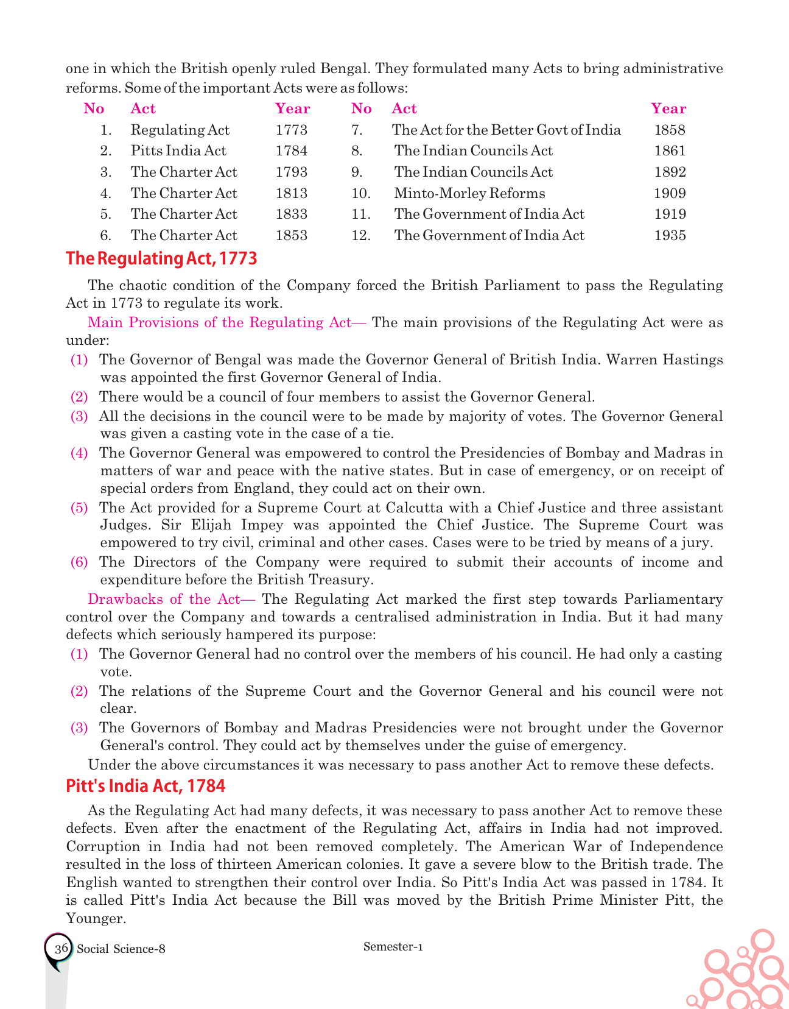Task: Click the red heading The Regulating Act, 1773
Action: pyautogui.click(x=161, y=258)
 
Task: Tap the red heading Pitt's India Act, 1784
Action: pyautogui.click(x=146, y=786)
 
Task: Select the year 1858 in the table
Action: pyautogui.click(x=669, y=130)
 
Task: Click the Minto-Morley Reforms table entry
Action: pyautogui.click(x=469, y=193)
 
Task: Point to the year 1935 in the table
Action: pyautogui.click(x=669, y=235)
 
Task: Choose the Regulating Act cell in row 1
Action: pyautogui.click(x=180, y=130)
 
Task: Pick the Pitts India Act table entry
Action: pyautogui.click(x=178, y=150)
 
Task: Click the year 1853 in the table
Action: pyautogui.click(x=291, y=235)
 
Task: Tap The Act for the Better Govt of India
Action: pyautogui.click(x=506, y=130)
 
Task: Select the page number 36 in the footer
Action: pyautogui.click(x=61, y=949)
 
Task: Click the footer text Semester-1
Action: pyautogui.click(x=393, y=946)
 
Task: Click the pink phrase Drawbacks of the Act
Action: pyautogui.click(x=164, y=599)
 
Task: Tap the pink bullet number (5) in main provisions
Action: pyautogui.click(x=79, y=508)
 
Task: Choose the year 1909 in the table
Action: pyautogui.click(x=669, y=193)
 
